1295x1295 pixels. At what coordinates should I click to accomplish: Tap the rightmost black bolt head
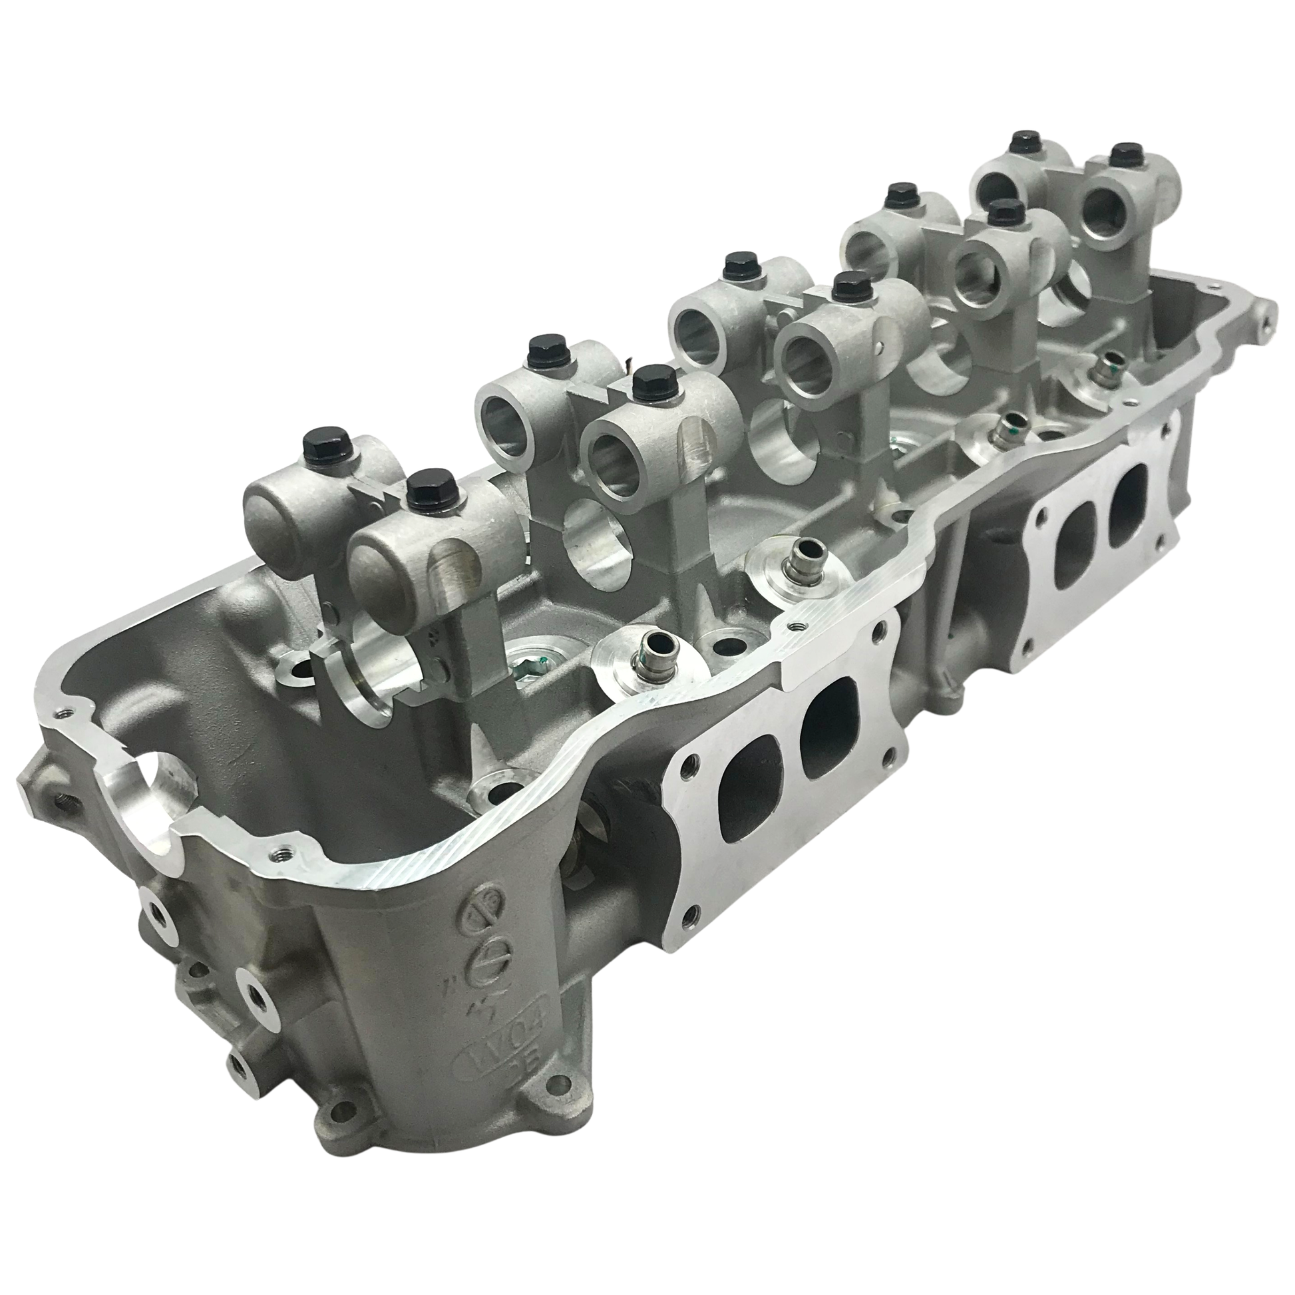1127,153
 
